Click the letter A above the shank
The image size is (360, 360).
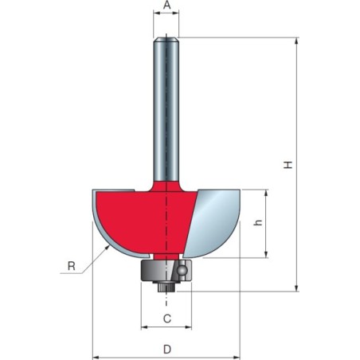(x=166, y=6)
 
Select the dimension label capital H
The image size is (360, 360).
(x=290, y=165)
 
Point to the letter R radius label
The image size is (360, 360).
(x=71, y=267)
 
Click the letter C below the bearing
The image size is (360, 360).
(x=166, y=319)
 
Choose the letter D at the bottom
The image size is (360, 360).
(x=166, y=349)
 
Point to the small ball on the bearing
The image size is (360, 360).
(x=183, y=271)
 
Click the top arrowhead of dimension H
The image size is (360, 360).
(x=297, y=41)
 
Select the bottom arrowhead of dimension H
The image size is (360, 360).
(x=297, y=288)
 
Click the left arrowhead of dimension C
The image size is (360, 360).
(x=144, y=327)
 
